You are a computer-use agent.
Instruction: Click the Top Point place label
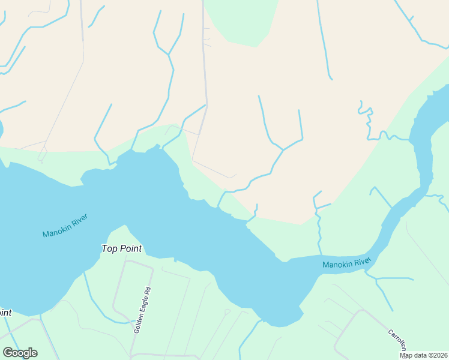pos(122,248)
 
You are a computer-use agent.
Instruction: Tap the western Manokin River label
pos(65,226)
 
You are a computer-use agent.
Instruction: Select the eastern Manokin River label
pos(346,262)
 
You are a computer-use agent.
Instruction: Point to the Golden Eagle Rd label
pos(142,310)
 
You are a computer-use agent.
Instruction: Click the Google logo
pos(20,353)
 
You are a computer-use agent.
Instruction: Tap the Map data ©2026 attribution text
pos(424,355)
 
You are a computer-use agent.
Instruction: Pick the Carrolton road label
pos(397,340)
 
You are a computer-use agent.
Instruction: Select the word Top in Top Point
pos(109,248)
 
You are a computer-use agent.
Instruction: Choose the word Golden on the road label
pos(139,323)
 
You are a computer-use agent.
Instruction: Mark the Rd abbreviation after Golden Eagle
pos(146,292)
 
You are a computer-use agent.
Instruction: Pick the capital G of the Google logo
pos(8,353)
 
